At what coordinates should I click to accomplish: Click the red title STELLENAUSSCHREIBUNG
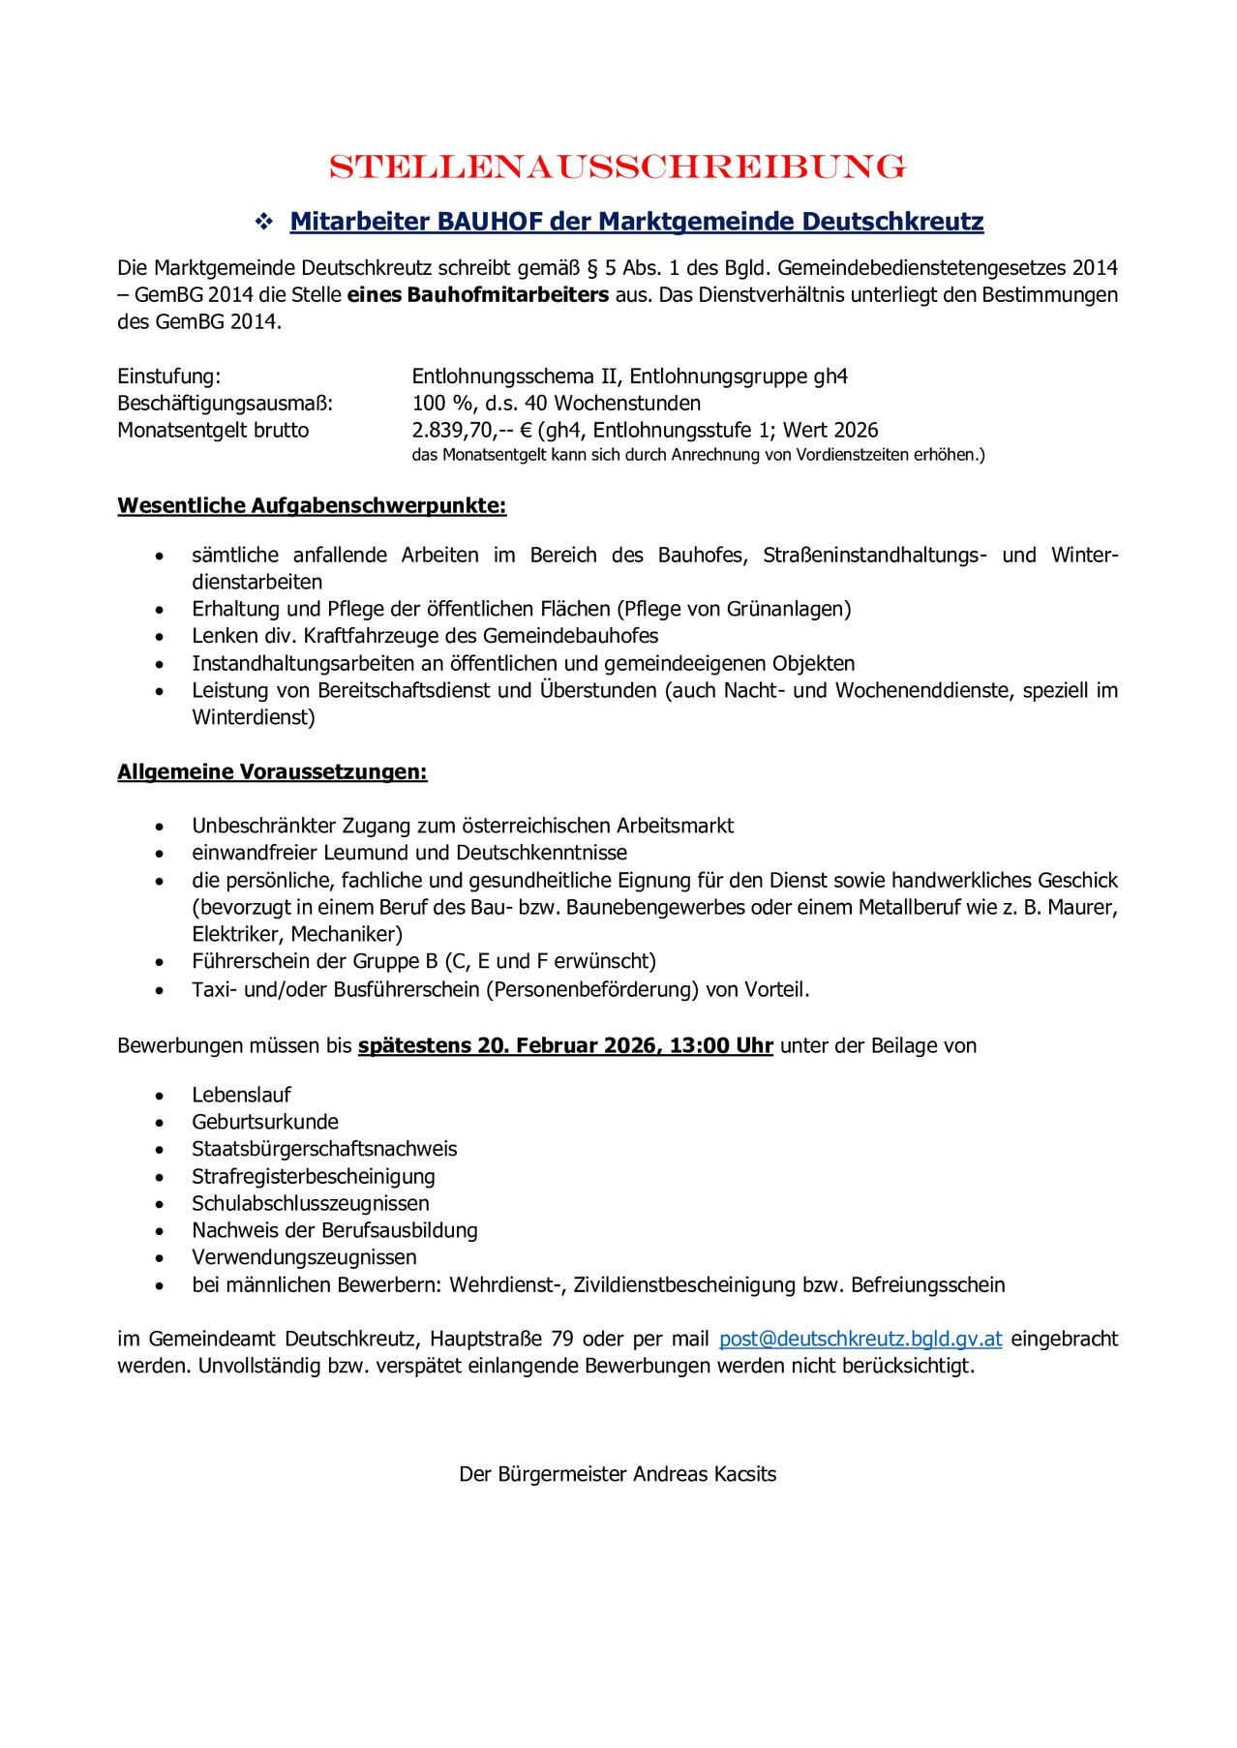[x=618, y=166]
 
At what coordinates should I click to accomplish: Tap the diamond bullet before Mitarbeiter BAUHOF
[x=263, y=223]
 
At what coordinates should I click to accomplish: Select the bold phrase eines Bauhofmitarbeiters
[x=478, y=295]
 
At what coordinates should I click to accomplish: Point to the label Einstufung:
[x=169, y=377]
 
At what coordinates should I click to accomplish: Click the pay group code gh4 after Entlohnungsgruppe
[x=830, y=377]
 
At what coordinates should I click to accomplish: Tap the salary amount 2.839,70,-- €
[x=472, y=431]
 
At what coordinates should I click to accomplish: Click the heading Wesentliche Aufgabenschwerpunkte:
[x=312, y=506]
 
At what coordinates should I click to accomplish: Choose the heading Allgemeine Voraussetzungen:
[x=272, y=772]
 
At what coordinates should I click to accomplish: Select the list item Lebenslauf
[x=241, y=1095]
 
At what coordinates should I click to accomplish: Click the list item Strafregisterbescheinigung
[x=314, y=1176]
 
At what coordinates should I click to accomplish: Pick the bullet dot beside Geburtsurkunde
[x=160, y=1123]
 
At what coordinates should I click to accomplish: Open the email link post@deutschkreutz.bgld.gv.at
[x=860, y=1339]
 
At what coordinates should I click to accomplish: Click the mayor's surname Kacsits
[x=744, y=1474]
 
